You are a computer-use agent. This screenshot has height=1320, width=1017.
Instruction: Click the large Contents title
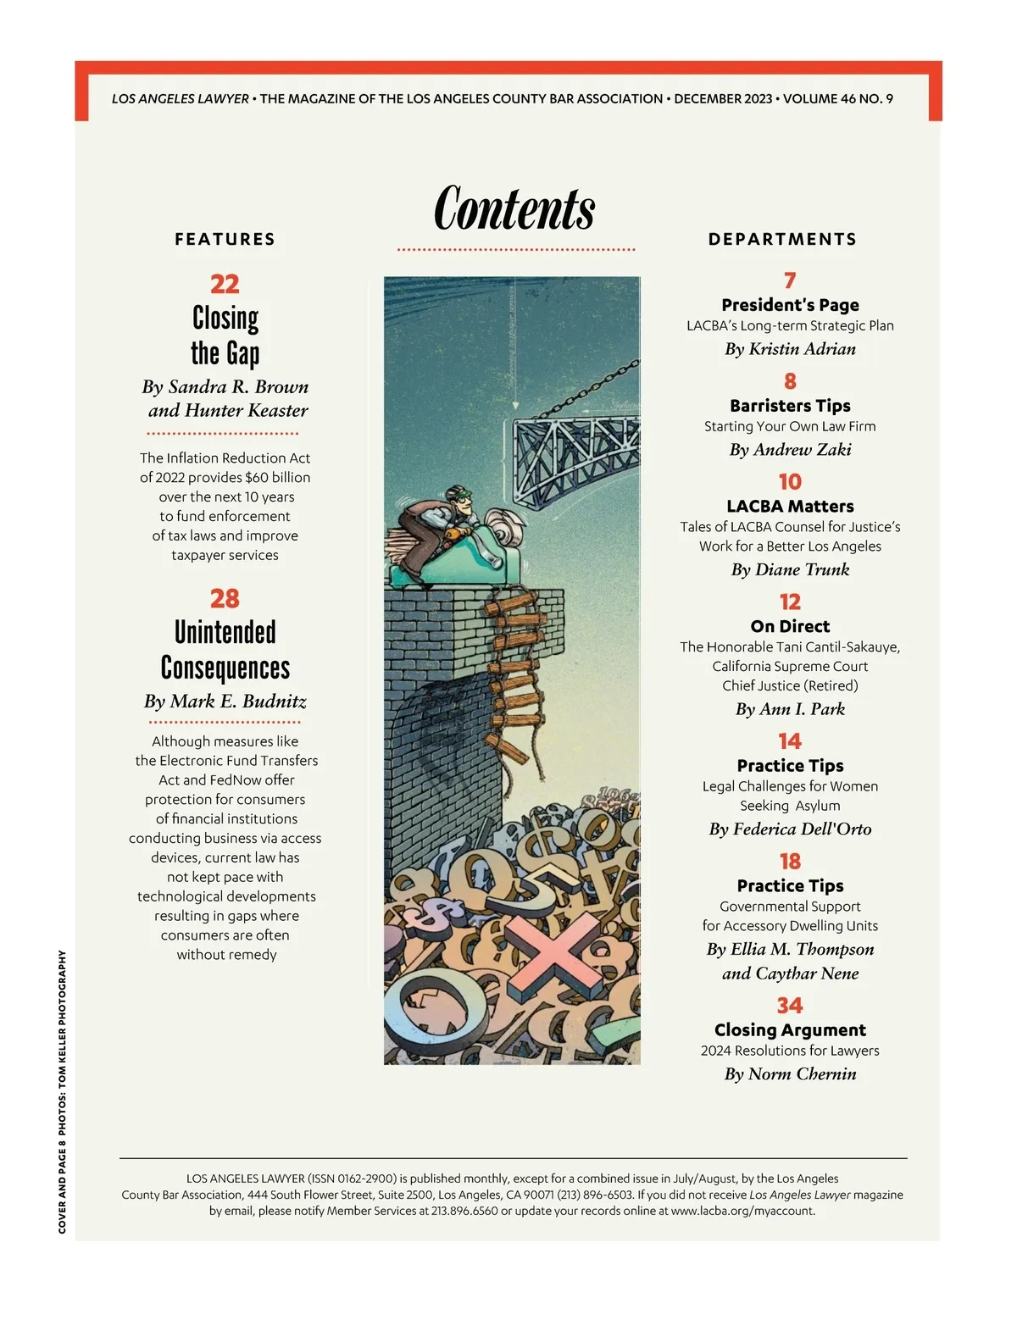tap(514, 208)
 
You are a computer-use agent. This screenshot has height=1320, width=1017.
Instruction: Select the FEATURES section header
tap(225, 240)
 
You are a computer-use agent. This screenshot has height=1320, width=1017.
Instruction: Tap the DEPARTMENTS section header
tap(782, 240)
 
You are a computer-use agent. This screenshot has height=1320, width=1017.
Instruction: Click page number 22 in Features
tap(225, 284)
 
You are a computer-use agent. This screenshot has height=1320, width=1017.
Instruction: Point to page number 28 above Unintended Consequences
tap(225, 599)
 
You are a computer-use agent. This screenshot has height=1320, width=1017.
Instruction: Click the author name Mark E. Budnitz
tap(225, 702)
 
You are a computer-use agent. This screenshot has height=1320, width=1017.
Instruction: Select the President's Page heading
tap(790, 305)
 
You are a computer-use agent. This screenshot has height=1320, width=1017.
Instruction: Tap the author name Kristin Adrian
tap(791, 349)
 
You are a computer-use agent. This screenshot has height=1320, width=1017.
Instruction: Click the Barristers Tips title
tap(790, 406)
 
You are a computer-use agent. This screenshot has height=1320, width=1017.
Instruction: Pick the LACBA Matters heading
tap(790, 507)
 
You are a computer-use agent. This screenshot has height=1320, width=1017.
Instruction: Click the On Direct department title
tap(790, 627)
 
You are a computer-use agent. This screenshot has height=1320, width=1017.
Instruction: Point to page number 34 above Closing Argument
tap(790, 1006)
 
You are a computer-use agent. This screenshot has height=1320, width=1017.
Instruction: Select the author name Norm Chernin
tap(791, 1074)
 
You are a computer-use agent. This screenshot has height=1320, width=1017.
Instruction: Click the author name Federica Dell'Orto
tap(791, 829)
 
